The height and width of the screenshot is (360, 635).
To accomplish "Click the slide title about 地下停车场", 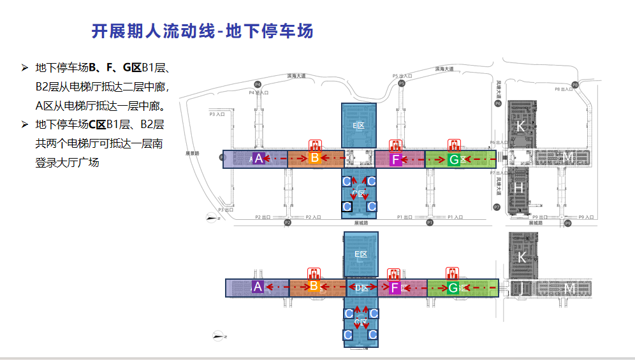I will (x=203, y=31).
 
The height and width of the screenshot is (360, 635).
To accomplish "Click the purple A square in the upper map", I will (x=258, y=159).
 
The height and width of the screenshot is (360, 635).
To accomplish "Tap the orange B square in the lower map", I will (x=314, y=286).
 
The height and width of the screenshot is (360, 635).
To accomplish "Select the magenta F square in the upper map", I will (x=396, y=159).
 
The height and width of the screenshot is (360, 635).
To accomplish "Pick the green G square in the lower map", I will (x=453, y=287).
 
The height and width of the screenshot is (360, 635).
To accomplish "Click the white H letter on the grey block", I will (x=519, y=189).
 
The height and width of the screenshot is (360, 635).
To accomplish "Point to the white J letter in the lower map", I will (x=521, y=289).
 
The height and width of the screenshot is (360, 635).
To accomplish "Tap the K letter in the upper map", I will (x=520, y=127).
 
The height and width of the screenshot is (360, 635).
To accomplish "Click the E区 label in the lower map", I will (x=361, y=254).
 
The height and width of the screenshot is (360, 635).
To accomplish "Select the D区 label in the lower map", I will (x=361, y=288).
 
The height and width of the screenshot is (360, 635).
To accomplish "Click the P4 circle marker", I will (x=258, y=84).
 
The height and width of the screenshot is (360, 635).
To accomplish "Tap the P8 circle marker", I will (x=574, y=85).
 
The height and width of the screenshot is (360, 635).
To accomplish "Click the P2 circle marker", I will (x=288, y=223).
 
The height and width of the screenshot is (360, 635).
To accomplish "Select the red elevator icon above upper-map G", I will (x=454, y=145).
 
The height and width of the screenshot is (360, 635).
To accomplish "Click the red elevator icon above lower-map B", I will (x=314, y=273).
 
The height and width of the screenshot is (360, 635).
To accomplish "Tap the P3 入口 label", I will (x=217, y=114).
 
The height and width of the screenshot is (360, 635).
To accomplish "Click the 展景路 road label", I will (x=193, y=154).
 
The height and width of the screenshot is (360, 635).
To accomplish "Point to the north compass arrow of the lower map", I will (x=217, y=336).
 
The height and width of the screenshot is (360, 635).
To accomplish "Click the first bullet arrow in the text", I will (x=25, y=68).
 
